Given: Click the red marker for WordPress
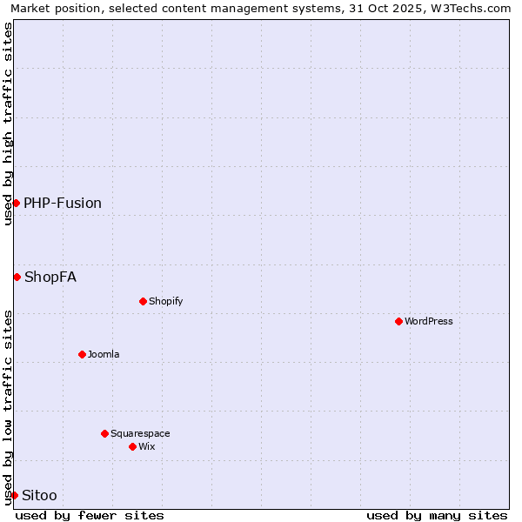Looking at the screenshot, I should pyautogui.click(x=398, y=321).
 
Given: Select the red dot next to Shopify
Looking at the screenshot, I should pyautogui.click(x=143, y=301).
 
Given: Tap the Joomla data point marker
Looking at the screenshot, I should pyautogui.click(x=82, y=354).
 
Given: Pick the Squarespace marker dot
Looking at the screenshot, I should pyautogui.click(x=104, y=433).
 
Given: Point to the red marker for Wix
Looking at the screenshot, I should pyautogui.click(x=132, y=446).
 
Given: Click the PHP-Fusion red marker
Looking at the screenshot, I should pyautogui.click(x=16, y=203).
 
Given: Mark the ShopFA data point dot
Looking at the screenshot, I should pyautogui.click(x=17, y=277).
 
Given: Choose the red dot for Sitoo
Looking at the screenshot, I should pyautogui.click(x=14, y=495).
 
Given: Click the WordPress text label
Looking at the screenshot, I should pyautogui.click(x=429, y=321).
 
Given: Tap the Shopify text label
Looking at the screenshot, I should pyautogui.click(x=165, y=301).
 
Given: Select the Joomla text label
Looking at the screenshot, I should pyautogui.click(x=104, y=354).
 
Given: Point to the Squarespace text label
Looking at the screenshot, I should pyautogui.click(x=140, y=433).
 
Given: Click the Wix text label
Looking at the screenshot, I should pyautogui.click(x=146, y=446).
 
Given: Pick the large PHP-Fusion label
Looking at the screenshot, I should pyautogui.click(x=63, y=203).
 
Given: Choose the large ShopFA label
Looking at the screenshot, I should pyautogui.click(x=50, y=277).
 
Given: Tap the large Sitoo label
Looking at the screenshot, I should pyautogui.click(x=39, y=495).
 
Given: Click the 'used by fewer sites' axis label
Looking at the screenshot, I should pyautogui.click(x=90, y=515).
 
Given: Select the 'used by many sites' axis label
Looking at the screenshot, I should pyautogui.click(x=437, y=515).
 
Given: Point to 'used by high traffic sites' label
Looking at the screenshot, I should pyautogui.click(x=8, y=124).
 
